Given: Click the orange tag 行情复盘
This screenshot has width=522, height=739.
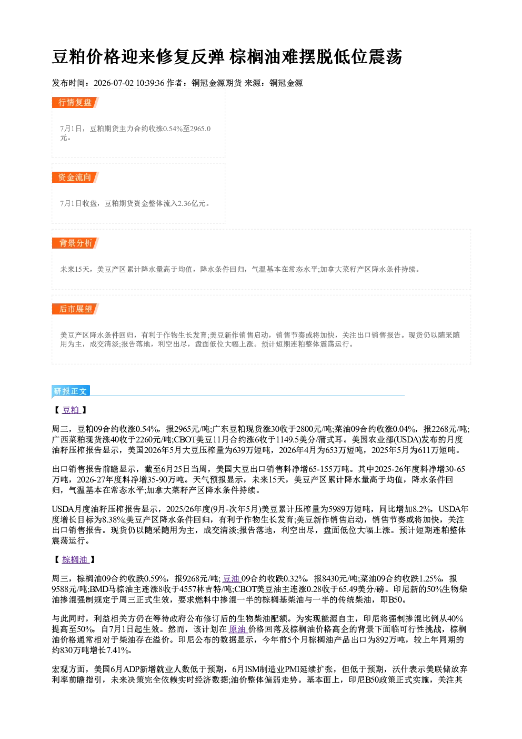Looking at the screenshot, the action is pyautogui.click(x=75, y=102).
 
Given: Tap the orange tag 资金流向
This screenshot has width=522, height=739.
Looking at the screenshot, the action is pyautogui.click(x=75, y=177).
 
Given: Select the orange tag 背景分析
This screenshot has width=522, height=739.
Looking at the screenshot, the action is pyautogui.click(x=75, y=243).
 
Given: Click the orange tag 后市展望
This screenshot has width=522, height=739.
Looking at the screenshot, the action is pyautogui.click(x=75, y=309).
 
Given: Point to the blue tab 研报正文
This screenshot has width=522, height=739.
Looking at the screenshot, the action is pyautogui.click(x=71, y=391).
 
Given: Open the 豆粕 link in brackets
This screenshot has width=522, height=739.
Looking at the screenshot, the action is pyautogui.click(x=71, y=410).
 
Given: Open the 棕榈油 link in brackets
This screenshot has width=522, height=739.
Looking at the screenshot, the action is pyautogui.click(x=75, y=559).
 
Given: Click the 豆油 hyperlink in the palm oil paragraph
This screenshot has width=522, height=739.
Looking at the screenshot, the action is pyautogui.click(x=232, y=579).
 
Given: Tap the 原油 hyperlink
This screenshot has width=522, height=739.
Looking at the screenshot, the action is pyautogui.click(x=238, y=629).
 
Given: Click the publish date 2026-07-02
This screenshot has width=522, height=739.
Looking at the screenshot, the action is pyautogui.click(x=114, y=83).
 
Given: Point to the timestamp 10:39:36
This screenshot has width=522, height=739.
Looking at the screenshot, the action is pyautogui.click(x=150, y=83).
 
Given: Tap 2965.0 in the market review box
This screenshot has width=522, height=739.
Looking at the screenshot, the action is pyautogui.click(x=200, y=129).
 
